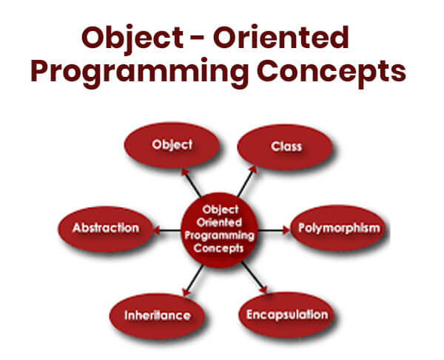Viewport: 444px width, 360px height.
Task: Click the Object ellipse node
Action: [171, 146]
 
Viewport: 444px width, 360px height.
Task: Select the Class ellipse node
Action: [287, 146]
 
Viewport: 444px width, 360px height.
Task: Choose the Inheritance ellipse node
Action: [158, 316]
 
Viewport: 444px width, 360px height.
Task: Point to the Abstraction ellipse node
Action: [106, 228]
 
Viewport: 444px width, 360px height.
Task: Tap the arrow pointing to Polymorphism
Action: [275, 230]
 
